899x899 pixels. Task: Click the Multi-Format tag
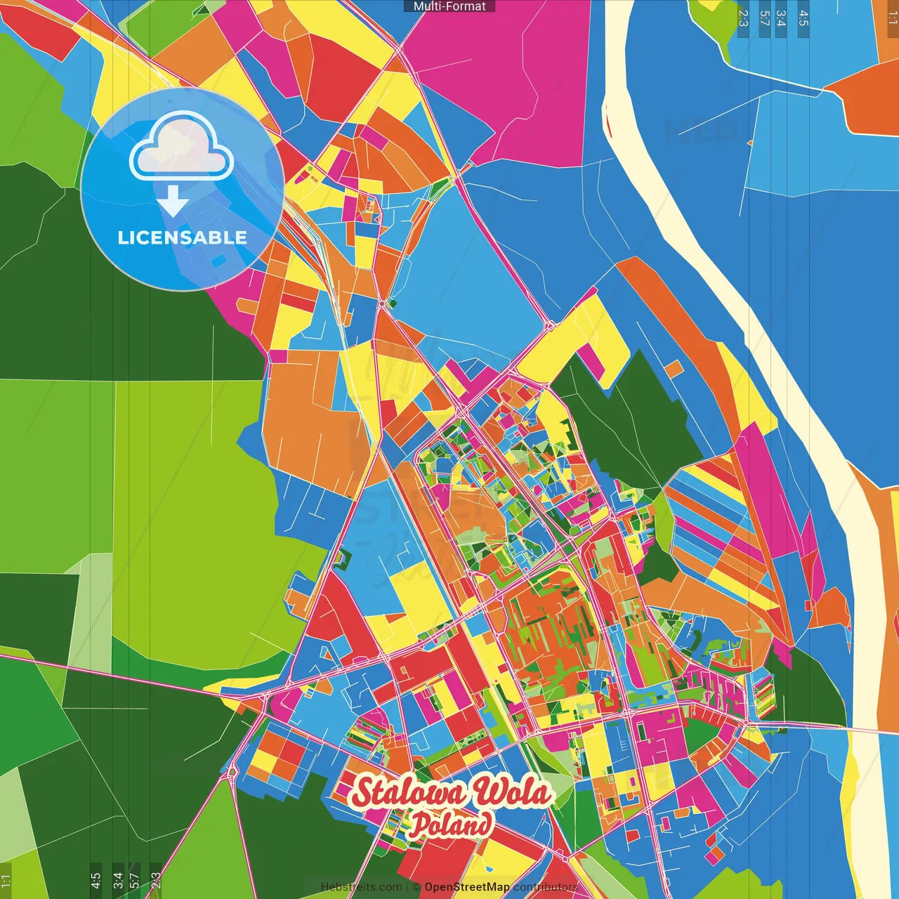click(x=449, y=6)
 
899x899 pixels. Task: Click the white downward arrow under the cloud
click(x=173, y=201)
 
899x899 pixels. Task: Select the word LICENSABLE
click(x=183, y=237)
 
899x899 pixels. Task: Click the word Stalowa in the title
click(x=408, y=793)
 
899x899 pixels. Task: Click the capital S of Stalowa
click(x=363, y=793)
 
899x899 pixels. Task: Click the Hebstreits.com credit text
click(x=361, y=887)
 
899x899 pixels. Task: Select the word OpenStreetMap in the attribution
click(x=467, y=887)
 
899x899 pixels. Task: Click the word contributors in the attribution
click(x=546, y=887)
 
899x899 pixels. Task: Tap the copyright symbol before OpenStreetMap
click(x=416, y=887)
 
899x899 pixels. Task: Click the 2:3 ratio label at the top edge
click(x=743, y=18)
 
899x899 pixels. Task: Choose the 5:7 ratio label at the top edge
click(x=764, y=18)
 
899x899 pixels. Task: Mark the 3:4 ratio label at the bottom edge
click(x=117, y=881)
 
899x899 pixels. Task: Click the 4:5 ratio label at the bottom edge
click(x=96, y=881)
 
